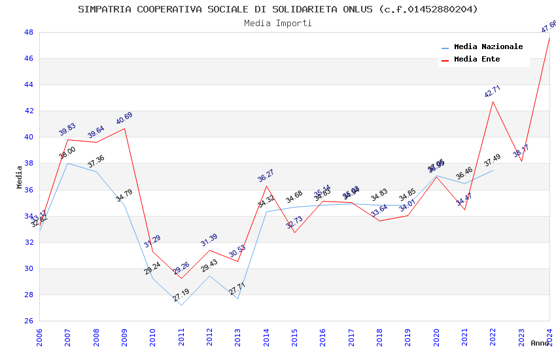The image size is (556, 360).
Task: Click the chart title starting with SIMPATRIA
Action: pyautogui.click(x=278, y=9)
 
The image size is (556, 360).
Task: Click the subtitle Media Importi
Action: pyautogui.click(x=278, y=23)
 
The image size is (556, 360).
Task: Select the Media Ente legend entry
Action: pyautogui.click(x=477, y=60)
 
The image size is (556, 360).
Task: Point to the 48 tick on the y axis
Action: pyautogui.click(x=29, y=32)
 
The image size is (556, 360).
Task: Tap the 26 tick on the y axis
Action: pyautogui.click(x=29, y=321)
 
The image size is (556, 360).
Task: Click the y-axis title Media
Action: pyautogui.click(x=19, y=177)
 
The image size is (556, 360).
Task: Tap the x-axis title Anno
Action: pyautogui.click(x=540, y=343)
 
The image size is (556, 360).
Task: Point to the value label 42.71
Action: pyautogui.click(x=493, y=92)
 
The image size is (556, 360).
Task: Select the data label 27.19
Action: pyautogui.click(x=181, y=296)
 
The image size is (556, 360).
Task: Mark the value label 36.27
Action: pyautogui.click(x=266, y=175)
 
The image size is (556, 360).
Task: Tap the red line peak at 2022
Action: pyautogui.click(x=493, y=101)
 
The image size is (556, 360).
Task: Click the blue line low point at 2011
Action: pyautogui.click(x=181, y=305)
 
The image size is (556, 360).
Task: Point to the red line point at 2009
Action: pyautogui.click(x=124, y=128)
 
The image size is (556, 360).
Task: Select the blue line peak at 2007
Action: pyautogui.click(x=67, y=163)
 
